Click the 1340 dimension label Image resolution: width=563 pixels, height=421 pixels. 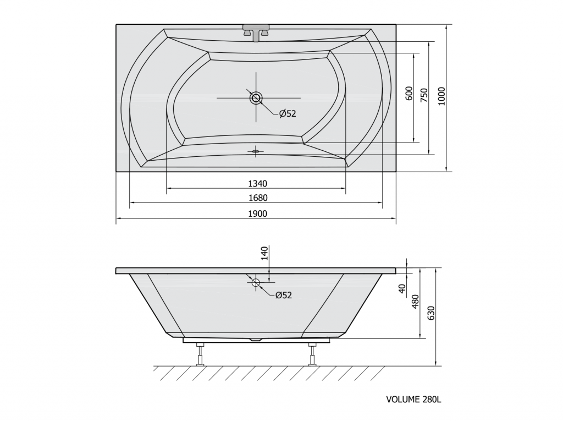[x=257, y=184]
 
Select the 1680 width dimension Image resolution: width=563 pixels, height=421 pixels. [x=257, y=198]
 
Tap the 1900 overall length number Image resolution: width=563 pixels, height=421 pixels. [x=257, y=214]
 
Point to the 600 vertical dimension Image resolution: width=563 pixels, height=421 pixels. [x=409, y=94]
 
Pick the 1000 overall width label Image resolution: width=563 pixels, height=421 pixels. [x=441, y=96]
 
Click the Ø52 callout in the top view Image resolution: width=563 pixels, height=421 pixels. [x=287, y=113]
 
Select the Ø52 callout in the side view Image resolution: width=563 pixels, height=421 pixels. [x=284, y=295]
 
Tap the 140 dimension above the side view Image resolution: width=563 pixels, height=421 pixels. [x=264, y=253]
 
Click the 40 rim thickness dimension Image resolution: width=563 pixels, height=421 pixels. [x=402, y=288]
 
